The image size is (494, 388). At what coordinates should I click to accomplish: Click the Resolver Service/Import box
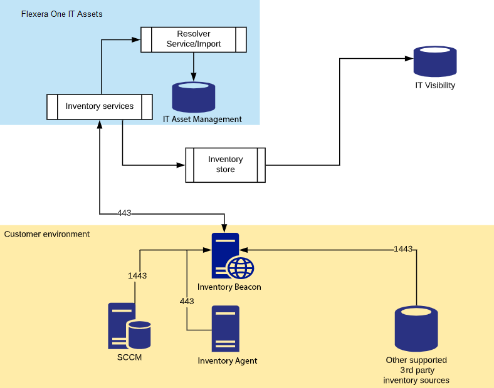(193, 39)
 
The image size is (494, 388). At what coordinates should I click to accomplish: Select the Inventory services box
(100, 106)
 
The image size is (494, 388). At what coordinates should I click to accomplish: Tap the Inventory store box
(225, 165)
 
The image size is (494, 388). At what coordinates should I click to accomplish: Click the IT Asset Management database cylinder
(194, 97)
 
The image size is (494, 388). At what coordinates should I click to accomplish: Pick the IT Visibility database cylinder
(434, 61)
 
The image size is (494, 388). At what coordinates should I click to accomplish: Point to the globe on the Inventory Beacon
(241, 268)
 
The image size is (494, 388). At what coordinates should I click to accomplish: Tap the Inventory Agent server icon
(226, 329)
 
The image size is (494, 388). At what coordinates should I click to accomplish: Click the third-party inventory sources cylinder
(416, 329)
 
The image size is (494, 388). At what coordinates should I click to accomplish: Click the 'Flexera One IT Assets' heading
(61, 14)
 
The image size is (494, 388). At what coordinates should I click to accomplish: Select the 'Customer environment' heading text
(47, 234)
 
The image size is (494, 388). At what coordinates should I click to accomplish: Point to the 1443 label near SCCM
(137, 275)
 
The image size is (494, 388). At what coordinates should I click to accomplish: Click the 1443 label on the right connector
(403, 249)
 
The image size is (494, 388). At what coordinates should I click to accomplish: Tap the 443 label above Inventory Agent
(187, 301)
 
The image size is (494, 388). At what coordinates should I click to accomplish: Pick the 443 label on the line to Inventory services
(124, 213)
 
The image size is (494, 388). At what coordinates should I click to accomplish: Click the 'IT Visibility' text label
(434, 85)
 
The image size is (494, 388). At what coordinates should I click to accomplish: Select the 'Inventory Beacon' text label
(229, 287)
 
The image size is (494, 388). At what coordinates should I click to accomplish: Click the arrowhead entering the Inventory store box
(182, 165)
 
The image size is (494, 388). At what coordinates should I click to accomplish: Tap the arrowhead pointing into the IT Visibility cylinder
(409, 59)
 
